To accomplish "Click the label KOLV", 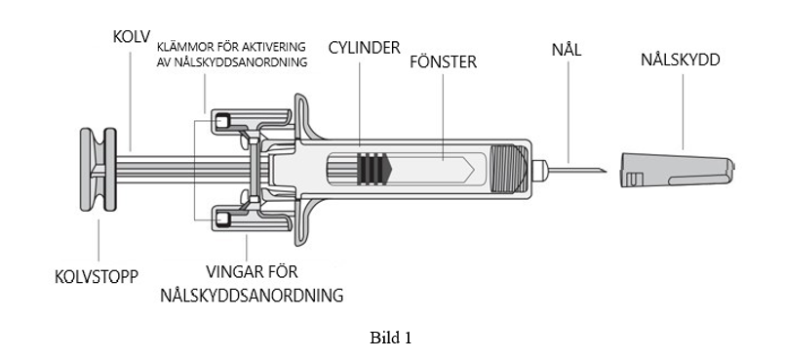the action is pos(132,37).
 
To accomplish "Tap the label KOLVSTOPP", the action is pos(97,277).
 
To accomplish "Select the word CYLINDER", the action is pos(364,48).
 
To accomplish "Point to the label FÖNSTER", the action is pos(443,62).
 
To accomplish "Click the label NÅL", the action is pos(567,49).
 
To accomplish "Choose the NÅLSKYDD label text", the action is pos(681,60).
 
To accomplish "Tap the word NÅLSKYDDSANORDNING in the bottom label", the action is pos(252,296).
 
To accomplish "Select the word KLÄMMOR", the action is pos(185,47).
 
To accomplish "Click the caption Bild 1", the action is pos(390,338).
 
